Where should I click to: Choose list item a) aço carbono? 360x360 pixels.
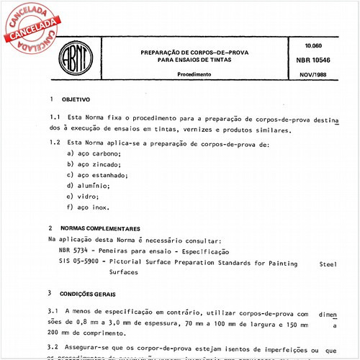point(94,154)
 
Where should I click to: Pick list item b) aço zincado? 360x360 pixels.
point(93,164)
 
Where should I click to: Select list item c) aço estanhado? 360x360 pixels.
point(96,175)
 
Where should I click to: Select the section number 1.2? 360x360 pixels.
point(55,143)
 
